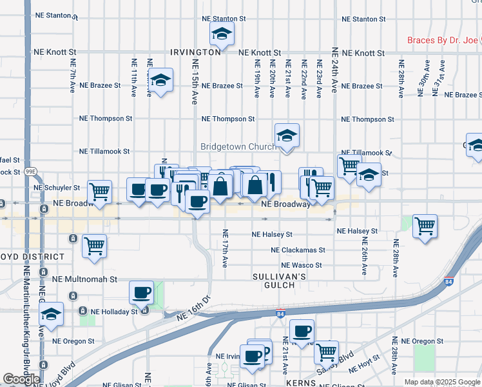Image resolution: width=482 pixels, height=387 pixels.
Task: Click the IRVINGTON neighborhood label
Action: point(195,52)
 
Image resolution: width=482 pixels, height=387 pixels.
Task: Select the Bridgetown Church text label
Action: point(238,147)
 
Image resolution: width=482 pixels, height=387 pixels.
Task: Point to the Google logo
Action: point(21,379)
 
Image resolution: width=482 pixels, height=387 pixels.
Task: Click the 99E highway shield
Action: point(30,172)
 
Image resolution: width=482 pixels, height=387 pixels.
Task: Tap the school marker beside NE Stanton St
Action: point(222,35)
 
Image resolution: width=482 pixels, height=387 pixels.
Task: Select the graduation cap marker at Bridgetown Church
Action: point(287,136)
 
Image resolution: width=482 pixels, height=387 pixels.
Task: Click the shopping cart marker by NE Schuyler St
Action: point(99,192)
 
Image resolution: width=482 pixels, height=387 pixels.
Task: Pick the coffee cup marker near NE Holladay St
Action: point(142,293)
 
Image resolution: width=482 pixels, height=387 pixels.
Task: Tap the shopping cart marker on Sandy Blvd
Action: point(326,353)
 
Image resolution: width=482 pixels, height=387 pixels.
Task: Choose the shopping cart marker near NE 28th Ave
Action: point(425,227)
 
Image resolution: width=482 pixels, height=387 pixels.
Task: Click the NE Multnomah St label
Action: point(86,280)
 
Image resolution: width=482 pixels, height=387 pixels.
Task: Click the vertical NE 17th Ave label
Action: point(225,248)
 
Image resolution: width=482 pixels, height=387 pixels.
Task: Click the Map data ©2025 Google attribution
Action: point(441,382)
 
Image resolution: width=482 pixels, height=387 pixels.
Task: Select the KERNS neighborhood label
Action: point(302,382)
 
